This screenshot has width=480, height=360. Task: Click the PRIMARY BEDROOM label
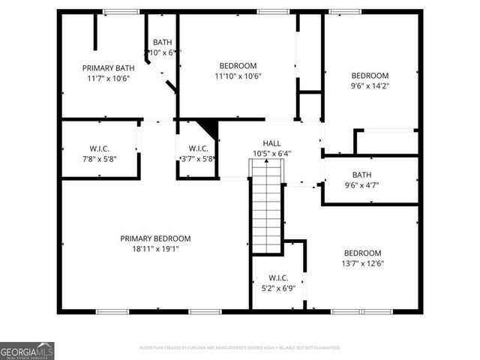click(x=154, y=238)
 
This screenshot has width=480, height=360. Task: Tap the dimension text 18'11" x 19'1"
click(x=154, y=248)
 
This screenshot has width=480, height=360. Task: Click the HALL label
click(x=271, y=143)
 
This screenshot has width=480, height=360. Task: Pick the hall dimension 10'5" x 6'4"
click(x=271, y=154)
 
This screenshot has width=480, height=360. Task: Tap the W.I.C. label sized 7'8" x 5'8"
click(x=98, y=148)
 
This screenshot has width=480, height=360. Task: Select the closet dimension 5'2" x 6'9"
click(x=277, y=288)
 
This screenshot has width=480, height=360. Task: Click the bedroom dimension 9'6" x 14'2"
click(x=370, y=85)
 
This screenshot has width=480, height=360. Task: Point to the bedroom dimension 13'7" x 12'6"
click(x=362, y=263)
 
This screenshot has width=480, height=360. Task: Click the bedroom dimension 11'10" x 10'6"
click(x=237, y=76)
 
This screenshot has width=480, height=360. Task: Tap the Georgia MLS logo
click(x=27, y=351)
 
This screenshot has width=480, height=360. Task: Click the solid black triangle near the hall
click(x=209, y=128)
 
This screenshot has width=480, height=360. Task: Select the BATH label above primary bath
click(x=163, y=42)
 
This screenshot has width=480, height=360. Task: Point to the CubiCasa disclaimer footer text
click(x=240, y=348)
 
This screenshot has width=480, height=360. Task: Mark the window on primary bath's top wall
click(x=121, y=11)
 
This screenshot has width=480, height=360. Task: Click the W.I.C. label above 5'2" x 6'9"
click(x=277, y=277)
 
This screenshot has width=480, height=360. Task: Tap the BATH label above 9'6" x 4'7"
click(x=361, y=175)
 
